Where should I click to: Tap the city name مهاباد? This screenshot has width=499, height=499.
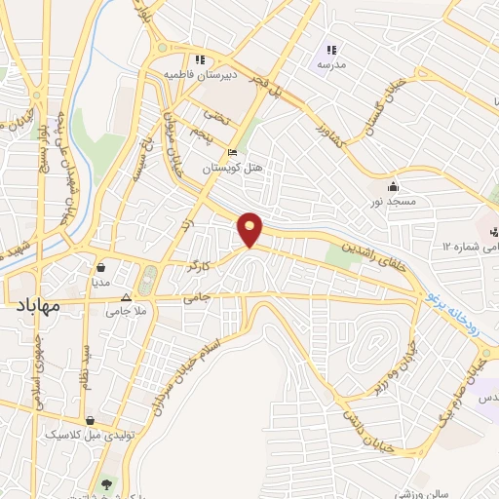38,306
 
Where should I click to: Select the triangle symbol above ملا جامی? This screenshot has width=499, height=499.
125,297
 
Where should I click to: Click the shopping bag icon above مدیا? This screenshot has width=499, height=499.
101,264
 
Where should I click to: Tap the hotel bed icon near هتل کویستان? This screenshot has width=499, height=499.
231,153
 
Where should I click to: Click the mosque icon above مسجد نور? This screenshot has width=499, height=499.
393,186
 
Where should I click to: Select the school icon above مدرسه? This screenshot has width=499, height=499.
331,50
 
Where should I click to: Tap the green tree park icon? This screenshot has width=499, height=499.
106,483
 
